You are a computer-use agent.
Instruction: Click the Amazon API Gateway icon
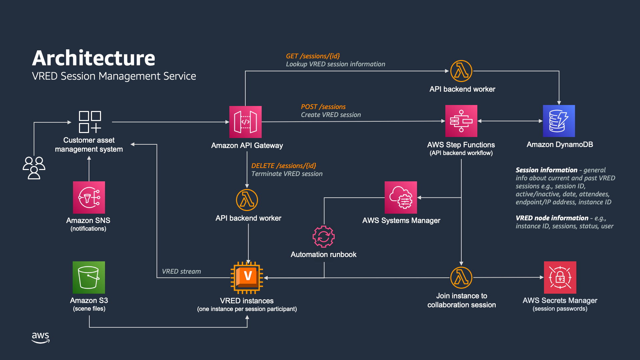coord(245,122)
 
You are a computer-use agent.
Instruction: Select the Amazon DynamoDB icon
coord(559,121)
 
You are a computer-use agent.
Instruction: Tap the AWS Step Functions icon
coord(461,121)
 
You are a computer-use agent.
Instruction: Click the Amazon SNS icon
coord(89,197)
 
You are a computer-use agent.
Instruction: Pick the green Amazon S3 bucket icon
coord(89,277)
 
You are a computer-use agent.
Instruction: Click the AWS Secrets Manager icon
coord(560,277)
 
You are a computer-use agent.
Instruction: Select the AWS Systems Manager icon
coord(401,197)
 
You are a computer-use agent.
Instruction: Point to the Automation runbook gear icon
coord(323,237)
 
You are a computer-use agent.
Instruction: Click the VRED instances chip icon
coord(247,277)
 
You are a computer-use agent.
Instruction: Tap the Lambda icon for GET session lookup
coord(461,71)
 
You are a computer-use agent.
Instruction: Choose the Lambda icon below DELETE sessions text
coord(247,200)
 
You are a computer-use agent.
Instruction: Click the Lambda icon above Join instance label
coord(461,277)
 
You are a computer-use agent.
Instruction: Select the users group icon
coord(34,168)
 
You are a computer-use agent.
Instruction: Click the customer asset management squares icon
coord(90,122)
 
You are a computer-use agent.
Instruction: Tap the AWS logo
coord(40,337)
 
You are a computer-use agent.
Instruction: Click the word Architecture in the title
coord(94,58)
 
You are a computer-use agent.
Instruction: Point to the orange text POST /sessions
coord(323,107)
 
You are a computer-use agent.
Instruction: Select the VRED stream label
coord(181,271)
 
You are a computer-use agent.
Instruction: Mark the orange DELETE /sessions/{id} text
coord(283,166)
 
